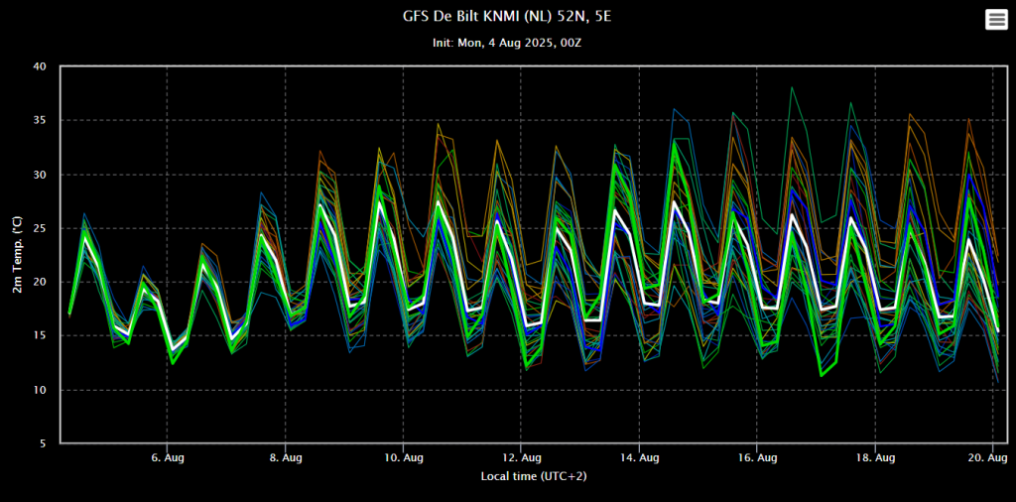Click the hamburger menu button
coord(995,20)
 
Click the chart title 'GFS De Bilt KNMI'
coord(508,18)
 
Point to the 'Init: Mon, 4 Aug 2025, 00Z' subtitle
coord(507,44)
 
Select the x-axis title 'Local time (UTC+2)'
coord(535,476)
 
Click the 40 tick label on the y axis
coord(40,66)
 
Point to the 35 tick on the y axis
coord(40,121)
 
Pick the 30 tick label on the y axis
coord(40,175)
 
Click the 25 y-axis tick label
coord(40,229)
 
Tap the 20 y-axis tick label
coord(40,283)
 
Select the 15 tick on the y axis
coord(40,336)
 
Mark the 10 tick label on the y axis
coord(40,390)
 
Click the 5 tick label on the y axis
coord(43,444)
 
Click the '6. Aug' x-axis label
coord(167,457)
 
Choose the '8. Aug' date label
coord(286,457)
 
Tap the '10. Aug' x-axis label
coord(403,457)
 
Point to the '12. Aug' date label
coord(522,457)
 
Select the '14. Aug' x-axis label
coord(640,457)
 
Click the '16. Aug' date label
coord(758,457)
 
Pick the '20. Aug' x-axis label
coord(988,457)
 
